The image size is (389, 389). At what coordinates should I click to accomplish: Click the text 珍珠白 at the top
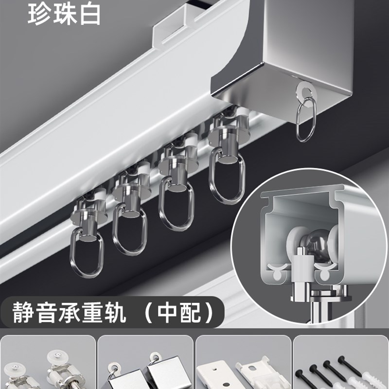pos(64,15)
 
